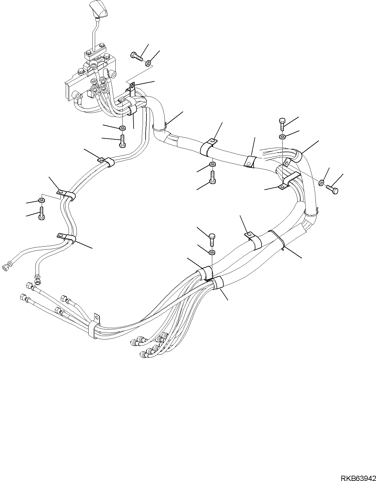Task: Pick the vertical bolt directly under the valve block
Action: (122, 141)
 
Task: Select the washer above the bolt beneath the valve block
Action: (123, 128)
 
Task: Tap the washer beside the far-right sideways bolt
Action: (321, 183)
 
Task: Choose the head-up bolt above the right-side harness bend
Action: (281, 124)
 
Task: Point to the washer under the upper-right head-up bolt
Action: (282, 136)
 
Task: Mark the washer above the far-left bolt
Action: (42, 200)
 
